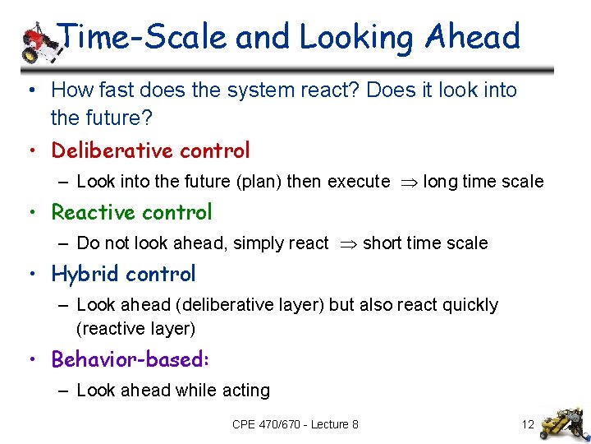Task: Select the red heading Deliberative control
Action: point(150,150)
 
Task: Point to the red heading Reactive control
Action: point(131,212)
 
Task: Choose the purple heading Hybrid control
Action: point(123,274)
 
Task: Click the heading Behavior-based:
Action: point(130,359)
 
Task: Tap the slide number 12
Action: point(528,424)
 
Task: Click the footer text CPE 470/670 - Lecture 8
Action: point(295,424)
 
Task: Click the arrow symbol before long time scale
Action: point(406,182)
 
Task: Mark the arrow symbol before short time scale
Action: point(345,243)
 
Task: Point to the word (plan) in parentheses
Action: point(255,182)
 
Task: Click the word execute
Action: point(359,182)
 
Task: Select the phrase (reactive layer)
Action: point(135,329)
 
